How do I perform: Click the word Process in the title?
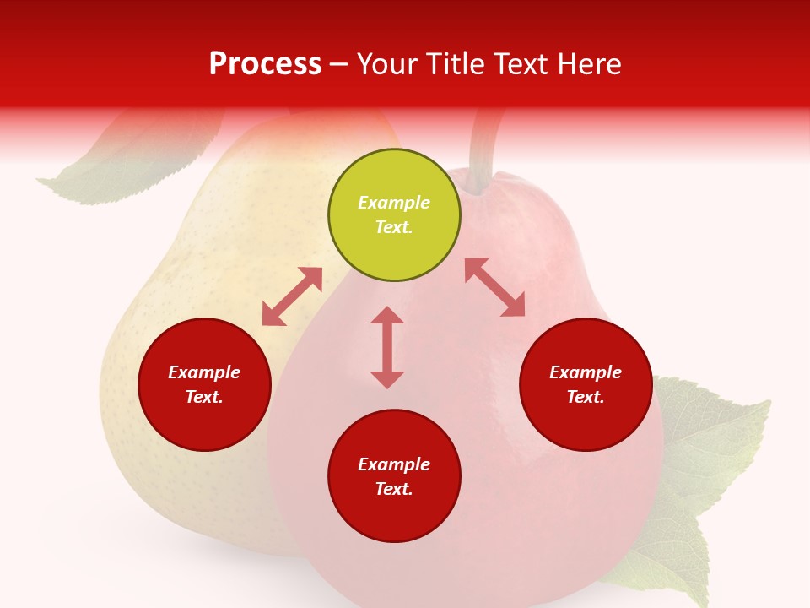[x=265, y=64]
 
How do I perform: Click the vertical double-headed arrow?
[x=387, y=347]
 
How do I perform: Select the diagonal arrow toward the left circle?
[x=292, y=296]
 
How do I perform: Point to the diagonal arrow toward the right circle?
[x=494, y=288]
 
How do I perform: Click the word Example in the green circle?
[x=394, y=203]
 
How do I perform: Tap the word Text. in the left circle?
[x=204, y=397]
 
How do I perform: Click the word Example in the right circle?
[x=586, y=372]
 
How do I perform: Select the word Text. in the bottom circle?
[x=394, y=489]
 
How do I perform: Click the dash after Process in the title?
[x=339, y=64]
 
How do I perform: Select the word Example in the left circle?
[x=204, y=372]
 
